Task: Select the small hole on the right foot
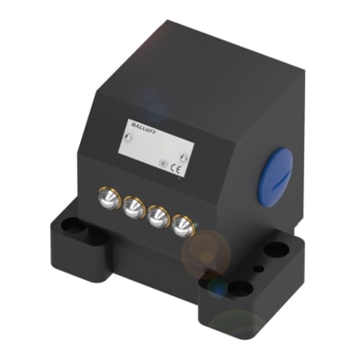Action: coord(258,267)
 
